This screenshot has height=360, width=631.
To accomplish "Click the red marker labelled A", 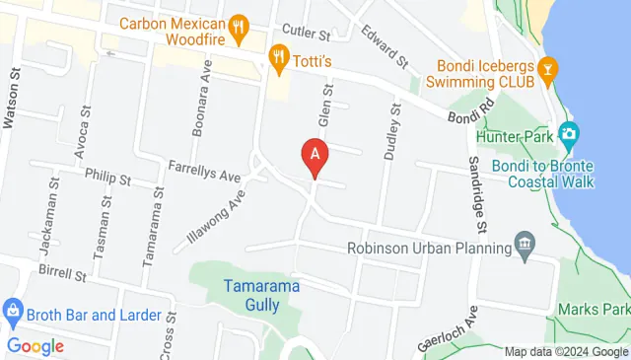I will click(x=315, y=156).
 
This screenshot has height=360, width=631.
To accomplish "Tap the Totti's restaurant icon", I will click(x=280, y=57).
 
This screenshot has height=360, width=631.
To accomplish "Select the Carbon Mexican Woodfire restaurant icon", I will click(x=238, y=26).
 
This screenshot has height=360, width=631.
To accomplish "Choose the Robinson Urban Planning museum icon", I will click(x=524, y=245).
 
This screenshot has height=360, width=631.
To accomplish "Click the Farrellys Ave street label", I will click(x=204, y=171).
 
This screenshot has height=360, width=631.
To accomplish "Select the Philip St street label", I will click(x=107, y=180).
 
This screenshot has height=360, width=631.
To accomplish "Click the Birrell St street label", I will click(x=64, y=273).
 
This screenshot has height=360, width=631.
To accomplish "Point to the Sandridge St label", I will click(x=476, y=196).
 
